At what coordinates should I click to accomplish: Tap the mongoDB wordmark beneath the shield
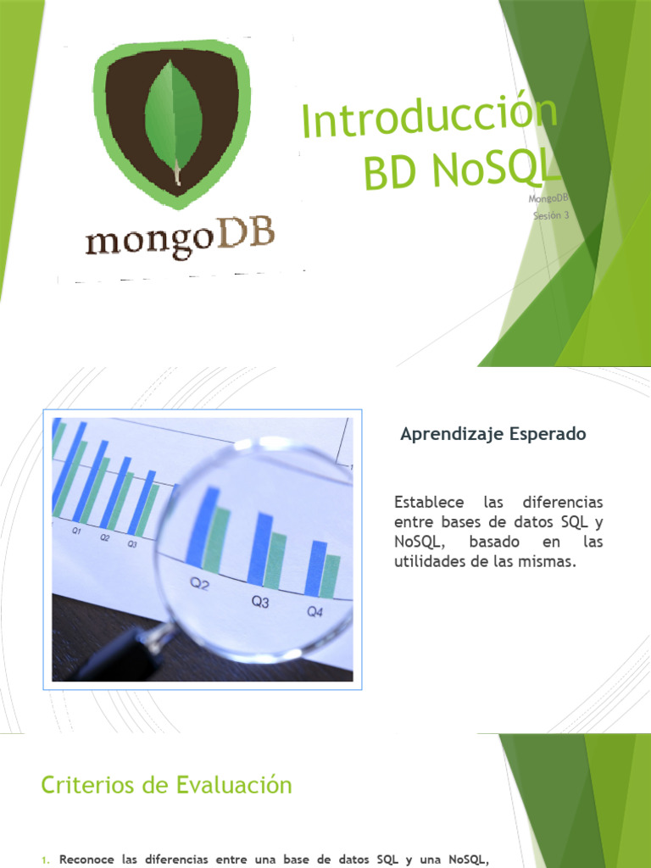pyautogui.click(x=180, y=236)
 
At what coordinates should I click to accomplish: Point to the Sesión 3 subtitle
pyautogui.click(x=551, y=215)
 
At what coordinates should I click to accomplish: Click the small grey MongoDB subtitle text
pyautogui.click(x=548, y=199)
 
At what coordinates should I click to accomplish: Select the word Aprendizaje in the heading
pyautogui.click(x=452, y=434)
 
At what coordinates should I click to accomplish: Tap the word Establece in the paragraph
pyautogui.click(x=426, y=502)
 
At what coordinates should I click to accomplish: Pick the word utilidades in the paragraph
pyautogui.click(x=429, y=561)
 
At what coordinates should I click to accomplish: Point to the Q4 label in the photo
pyautogui.click(x=314, y=611)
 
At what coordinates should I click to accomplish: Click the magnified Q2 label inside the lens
pyautogui.click(x=199, y=584)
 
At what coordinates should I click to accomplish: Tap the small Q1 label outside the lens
pyautogui.click(x=76, y=531)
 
